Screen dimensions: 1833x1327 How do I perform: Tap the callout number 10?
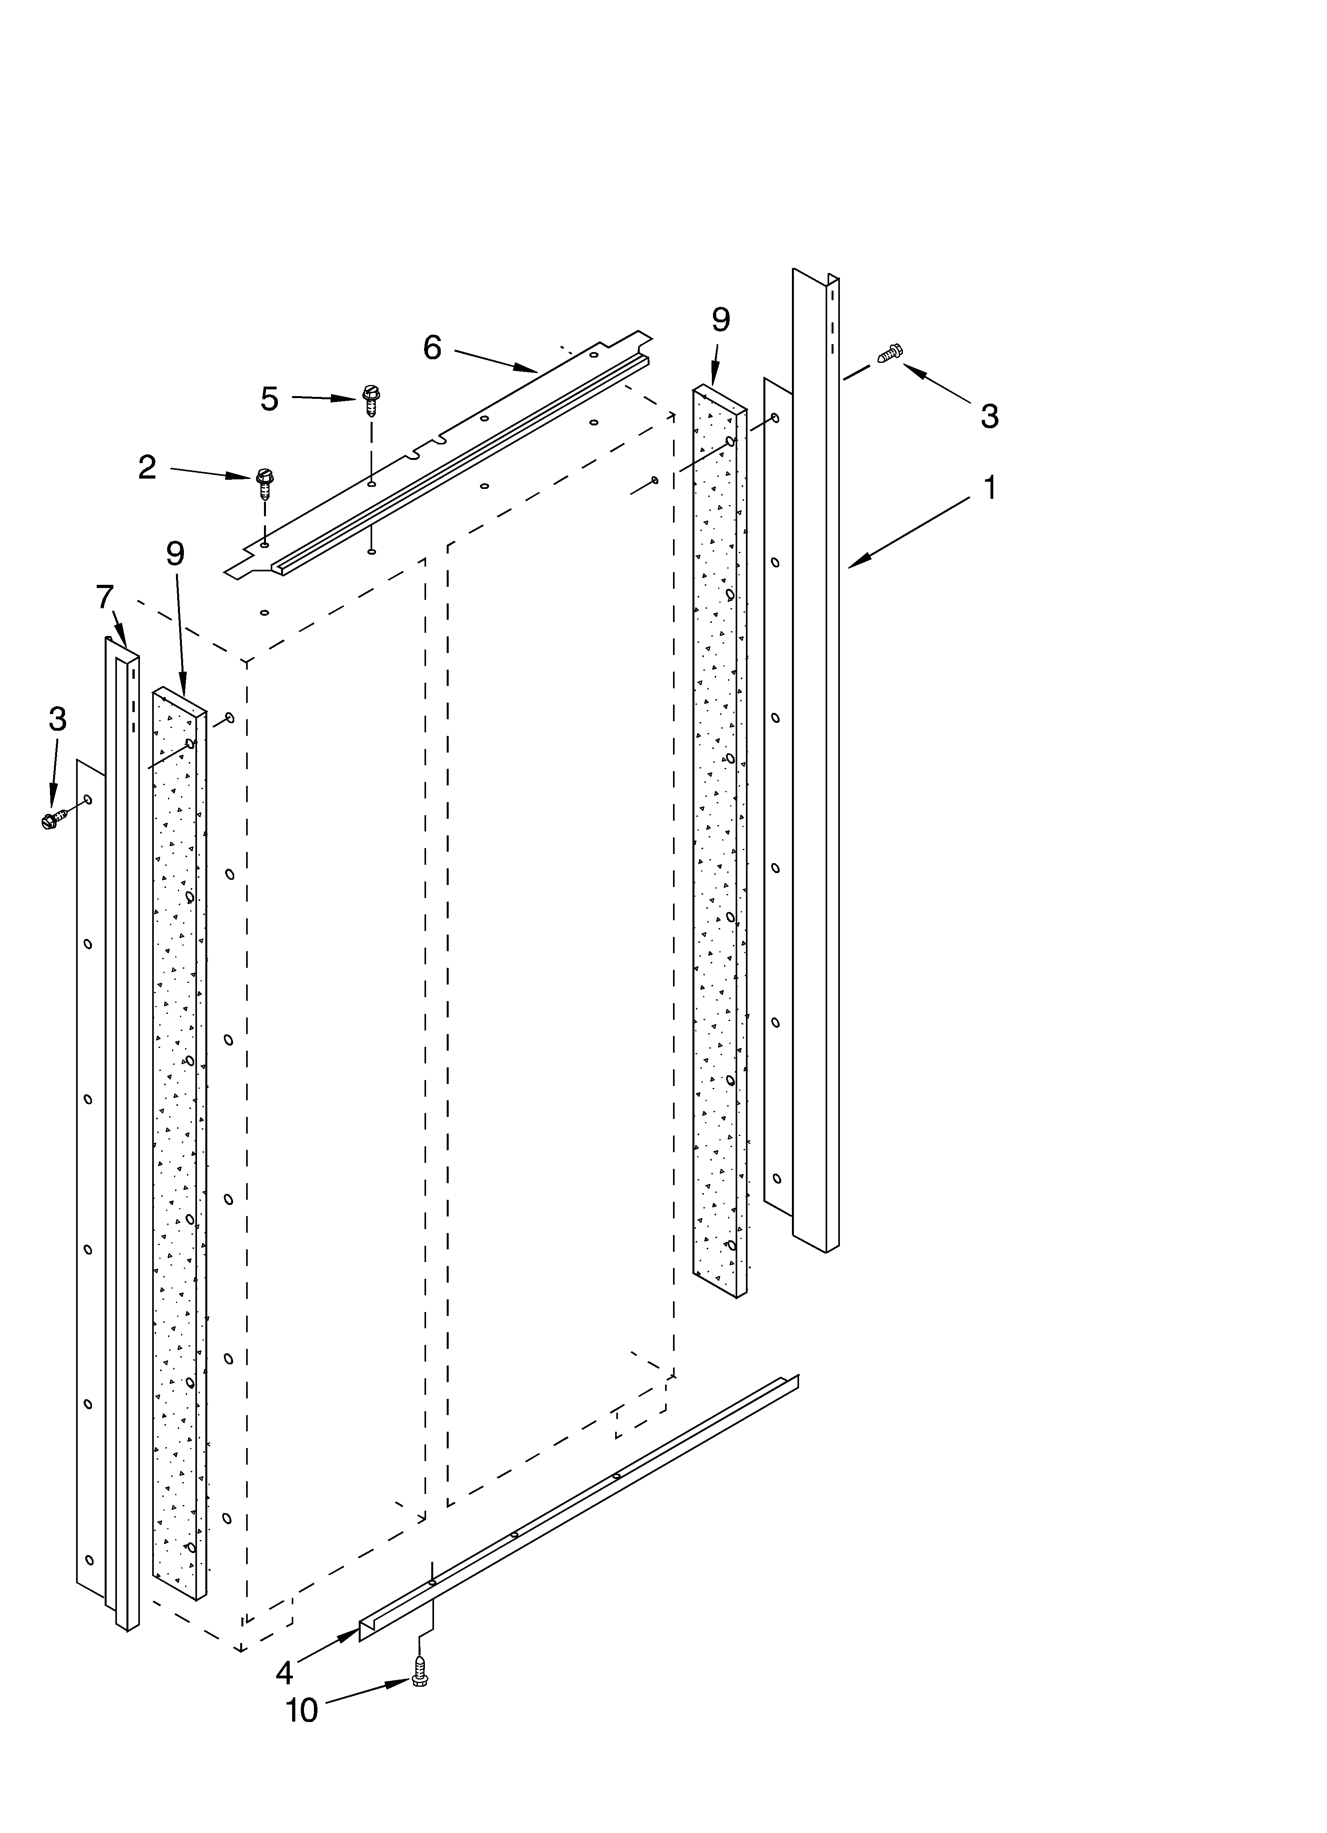point(302,1711)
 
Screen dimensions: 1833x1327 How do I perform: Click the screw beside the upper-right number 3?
point(890,352)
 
